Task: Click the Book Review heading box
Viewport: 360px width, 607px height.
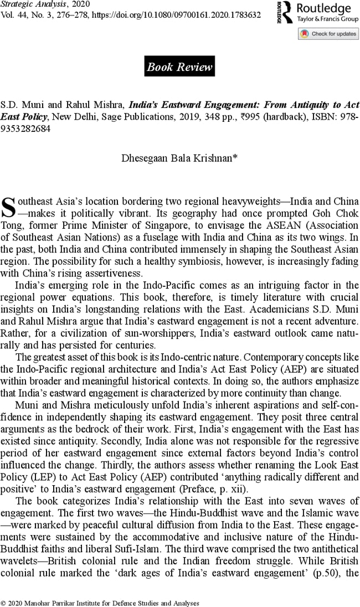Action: click(x=179, y=67)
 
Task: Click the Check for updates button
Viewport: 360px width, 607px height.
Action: click(x=328, y=34)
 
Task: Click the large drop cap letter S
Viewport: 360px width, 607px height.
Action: click(x=9, y=205)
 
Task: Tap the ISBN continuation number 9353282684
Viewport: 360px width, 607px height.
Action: click(x=25, y=128)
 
